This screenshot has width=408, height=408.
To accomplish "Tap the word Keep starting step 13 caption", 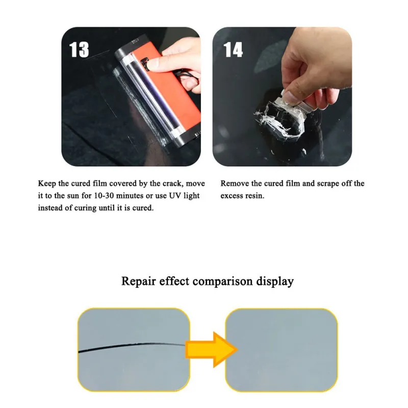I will (46, 184).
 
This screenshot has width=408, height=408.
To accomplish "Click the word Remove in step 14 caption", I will (235, 184).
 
